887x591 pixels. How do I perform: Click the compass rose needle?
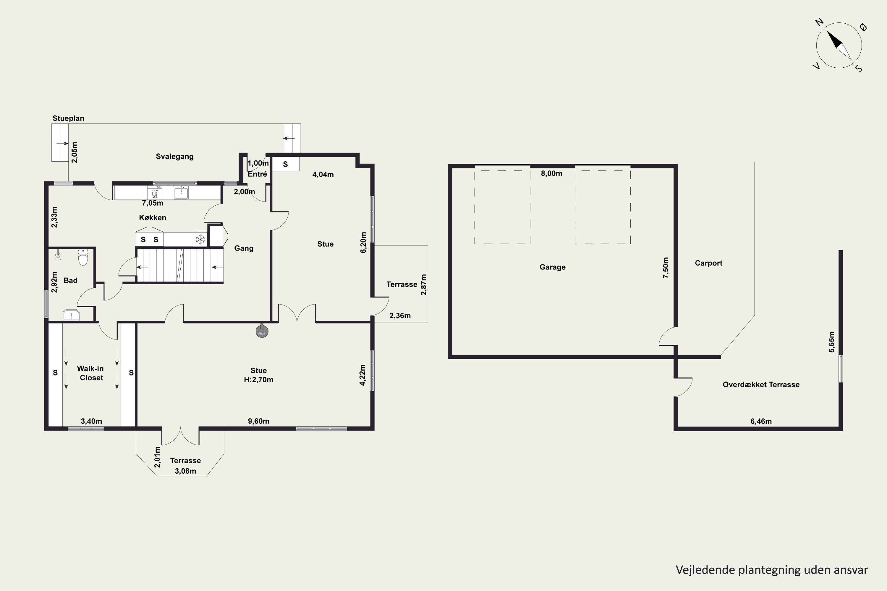[x=839, y=45]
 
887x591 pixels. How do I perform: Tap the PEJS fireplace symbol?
[x=262, y=332]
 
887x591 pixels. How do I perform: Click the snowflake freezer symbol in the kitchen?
[x=200, y=239]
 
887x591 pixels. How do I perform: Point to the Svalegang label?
[x=175, y=156]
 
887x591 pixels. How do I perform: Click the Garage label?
[x=553, y=267]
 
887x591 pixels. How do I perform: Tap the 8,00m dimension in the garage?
[x=551, y=173]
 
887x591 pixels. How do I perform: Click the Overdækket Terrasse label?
[x=761, y=384]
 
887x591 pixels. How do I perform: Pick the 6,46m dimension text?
[x=761, y=421]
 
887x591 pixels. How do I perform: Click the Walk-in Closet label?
[x=90, y=373]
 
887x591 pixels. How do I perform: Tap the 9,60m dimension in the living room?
[x=259, y=421]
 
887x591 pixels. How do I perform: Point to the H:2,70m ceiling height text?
[x=259, y=379]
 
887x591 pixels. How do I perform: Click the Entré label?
[x=257, y=174]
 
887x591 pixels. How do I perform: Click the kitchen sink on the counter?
[x=181, y=193]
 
